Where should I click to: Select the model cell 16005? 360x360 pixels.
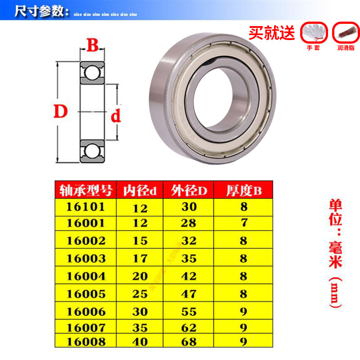(x=85, y=293)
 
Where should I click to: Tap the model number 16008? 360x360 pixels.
(x=85, y=342)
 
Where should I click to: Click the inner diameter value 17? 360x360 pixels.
(x=140, y=258)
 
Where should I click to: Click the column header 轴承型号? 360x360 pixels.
(x=85, y=190)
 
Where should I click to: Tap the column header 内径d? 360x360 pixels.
(x=140, y=190)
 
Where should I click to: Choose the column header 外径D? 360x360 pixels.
(x=189, y=190)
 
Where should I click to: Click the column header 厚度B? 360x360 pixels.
(x=243, y=190)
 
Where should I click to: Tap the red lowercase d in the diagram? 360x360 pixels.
(x=116, y=117)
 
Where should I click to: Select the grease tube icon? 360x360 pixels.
(x=346, y=32)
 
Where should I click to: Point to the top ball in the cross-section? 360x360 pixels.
(x=92, y=72)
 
